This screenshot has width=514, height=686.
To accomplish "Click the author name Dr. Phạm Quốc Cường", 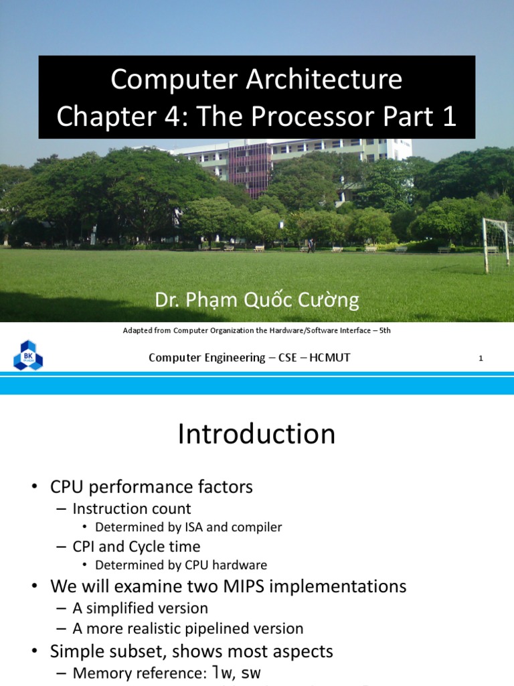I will coord(257,300).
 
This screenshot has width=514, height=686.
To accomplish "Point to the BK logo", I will coord(28,356).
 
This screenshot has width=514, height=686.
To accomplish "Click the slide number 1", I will coord(481,358).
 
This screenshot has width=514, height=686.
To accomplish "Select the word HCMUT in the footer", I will coord(329,358).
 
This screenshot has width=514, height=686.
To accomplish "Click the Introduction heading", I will coord(256,434).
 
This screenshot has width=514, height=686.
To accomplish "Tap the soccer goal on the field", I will coord(497,245).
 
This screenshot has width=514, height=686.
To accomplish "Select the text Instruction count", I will coord(132,508).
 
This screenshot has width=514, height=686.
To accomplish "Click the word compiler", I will coord(258,527).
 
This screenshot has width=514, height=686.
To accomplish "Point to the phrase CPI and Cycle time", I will coord(137,546).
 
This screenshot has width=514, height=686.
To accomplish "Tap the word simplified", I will coord(130,608).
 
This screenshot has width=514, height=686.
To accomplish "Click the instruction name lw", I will coord(220,673).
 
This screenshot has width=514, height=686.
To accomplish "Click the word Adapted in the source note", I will coord(139,330).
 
